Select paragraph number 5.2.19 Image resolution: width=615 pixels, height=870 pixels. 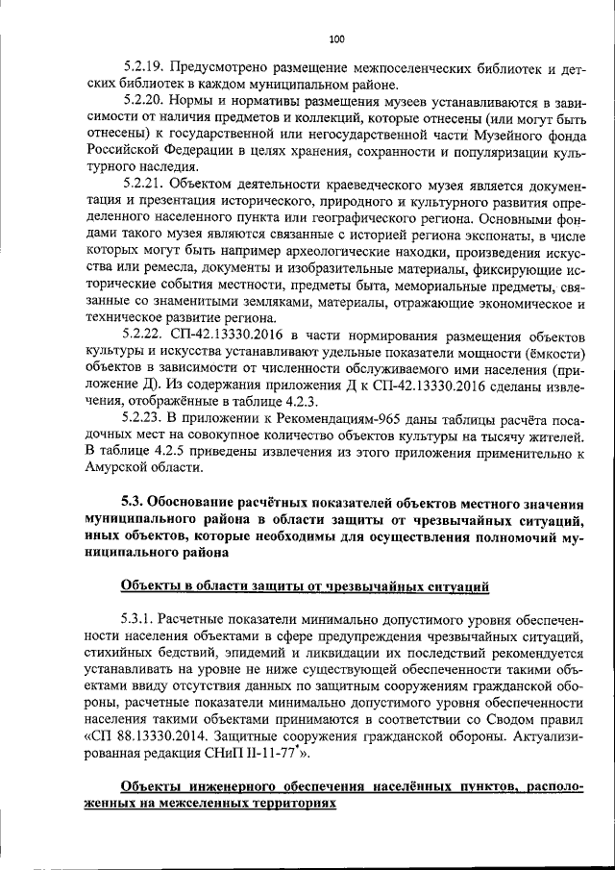tap(146, 67)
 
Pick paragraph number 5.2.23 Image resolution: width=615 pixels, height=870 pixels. tap(146, 418)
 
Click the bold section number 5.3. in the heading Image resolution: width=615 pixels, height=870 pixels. tap(135, 501)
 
